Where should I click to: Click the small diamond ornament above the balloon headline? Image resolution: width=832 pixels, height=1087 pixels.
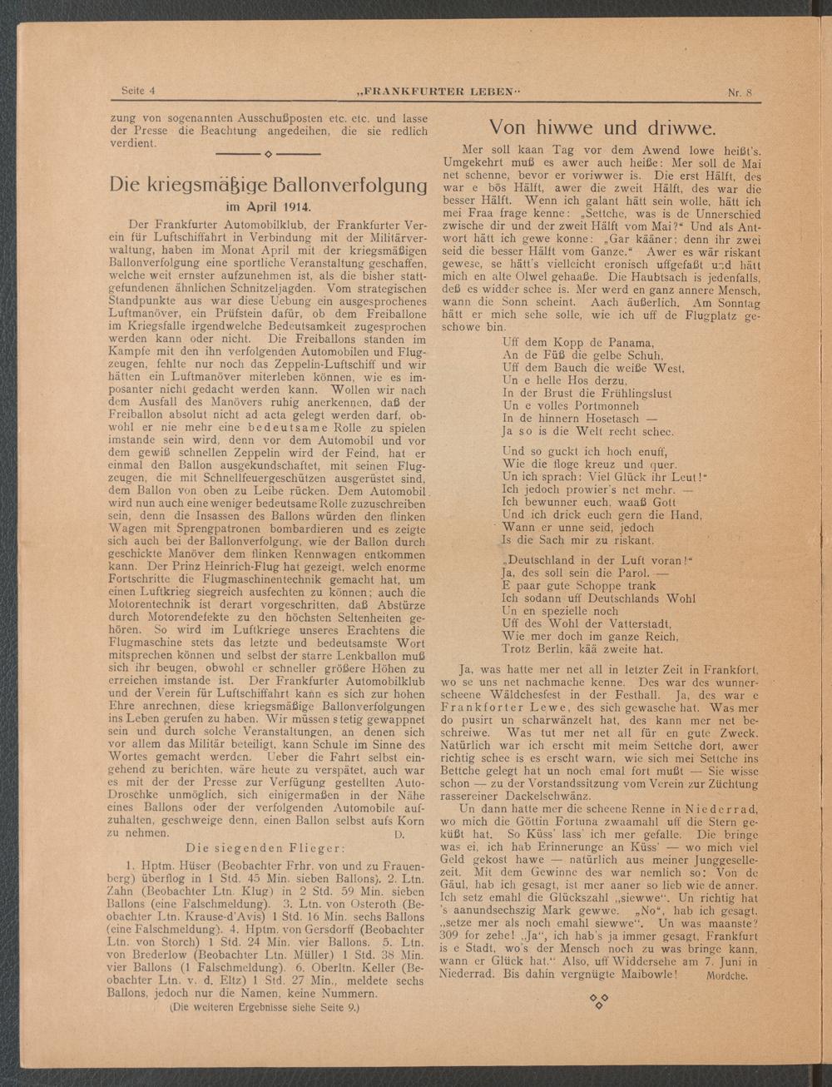point(269,155)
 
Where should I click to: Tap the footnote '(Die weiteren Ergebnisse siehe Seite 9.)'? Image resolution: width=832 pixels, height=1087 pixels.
point(265,1006)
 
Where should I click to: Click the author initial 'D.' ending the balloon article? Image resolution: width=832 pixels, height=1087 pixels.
point(399,834)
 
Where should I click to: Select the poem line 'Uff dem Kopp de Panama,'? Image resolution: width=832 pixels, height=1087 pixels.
point(579,343)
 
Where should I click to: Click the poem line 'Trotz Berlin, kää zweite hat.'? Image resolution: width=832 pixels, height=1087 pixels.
point(582,649)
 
